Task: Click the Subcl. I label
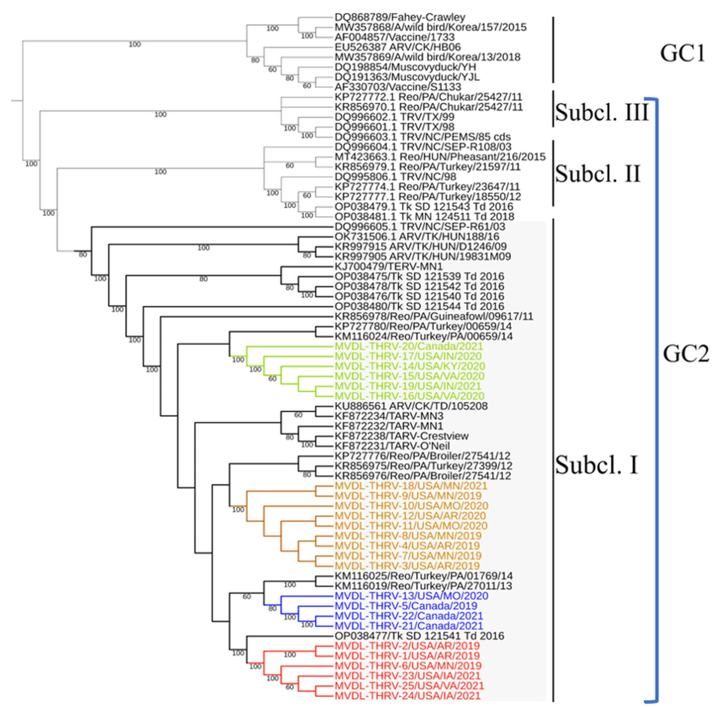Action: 596,465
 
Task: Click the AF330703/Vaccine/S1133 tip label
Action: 398,87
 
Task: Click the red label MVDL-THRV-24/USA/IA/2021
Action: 407,696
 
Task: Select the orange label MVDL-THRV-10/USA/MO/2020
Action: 411,506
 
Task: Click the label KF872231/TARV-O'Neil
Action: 392,446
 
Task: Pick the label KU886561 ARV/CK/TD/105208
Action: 411,406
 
